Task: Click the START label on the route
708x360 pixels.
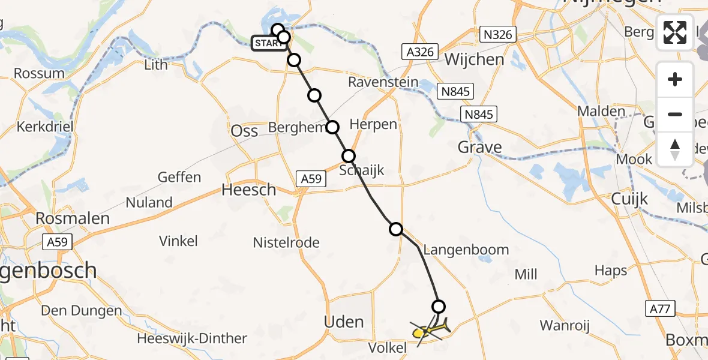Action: click(267, 43)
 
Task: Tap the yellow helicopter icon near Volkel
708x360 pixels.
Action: click(430, 329)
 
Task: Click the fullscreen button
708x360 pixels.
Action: click(675, 32)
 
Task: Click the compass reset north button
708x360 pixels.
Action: click(675, 149)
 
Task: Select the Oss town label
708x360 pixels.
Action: click(245, 131)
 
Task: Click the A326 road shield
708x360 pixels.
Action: click(419, 52)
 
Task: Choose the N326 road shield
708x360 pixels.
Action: click(498, 34)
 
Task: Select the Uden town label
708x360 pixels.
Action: click(344, 322)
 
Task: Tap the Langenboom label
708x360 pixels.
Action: click(466, 250)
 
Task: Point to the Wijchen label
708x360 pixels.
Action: click(475, 59)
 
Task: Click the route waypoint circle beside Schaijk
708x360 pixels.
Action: click(349, 157)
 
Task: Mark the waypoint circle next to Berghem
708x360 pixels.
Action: click(332, 127)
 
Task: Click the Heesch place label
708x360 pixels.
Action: click(249, 190)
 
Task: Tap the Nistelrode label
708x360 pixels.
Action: click(286, 243)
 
